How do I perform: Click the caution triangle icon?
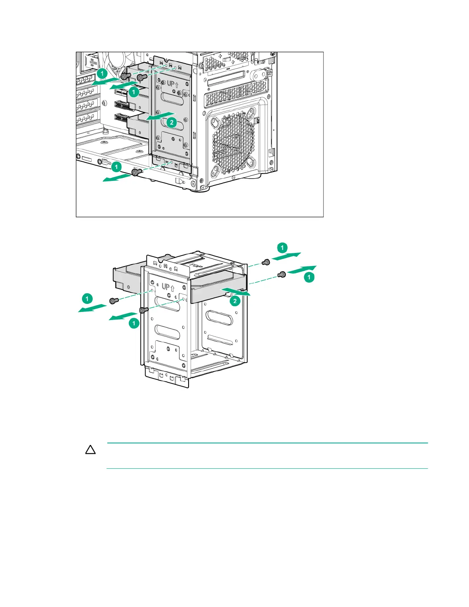pyautogui.click(x=90, y=450)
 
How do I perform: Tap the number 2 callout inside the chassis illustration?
pyautogui.click(x=172, y=123)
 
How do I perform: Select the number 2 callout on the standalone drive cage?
pyautogui.click(x=235, y=301)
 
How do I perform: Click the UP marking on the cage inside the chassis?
pyautogui.click(x=171, y=84)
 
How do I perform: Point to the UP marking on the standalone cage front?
pyautogui.click(x=166, y=286)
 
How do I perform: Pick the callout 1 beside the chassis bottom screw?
pyautogui.click(x=116, y=167)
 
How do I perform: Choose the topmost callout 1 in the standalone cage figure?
pyautogui.click(x=282, y=248)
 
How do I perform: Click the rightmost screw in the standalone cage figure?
pyautogui.click(x=282, y=274)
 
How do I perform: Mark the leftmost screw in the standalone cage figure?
pyautogui.click(x=113, y=301)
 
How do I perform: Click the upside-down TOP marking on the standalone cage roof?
pyautogui.click(x=198, y=266)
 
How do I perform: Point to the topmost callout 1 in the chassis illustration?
pyautogui.click(x=102, y=73)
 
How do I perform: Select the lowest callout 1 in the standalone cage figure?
pyautogui.click(x=133, y=323)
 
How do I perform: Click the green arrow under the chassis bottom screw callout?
pyautogui.click(x=117, y=177)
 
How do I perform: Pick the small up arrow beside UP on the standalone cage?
pyautogui.click(x=173, y=289)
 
